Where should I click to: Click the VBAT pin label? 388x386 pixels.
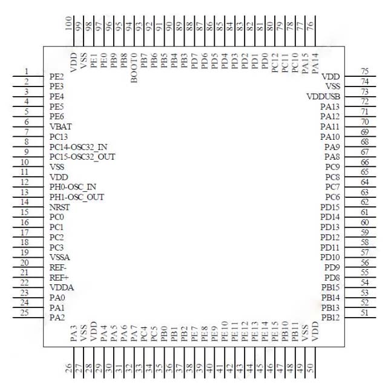tap(61, 126)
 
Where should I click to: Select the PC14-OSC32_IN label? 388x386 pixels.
tap(79, 147)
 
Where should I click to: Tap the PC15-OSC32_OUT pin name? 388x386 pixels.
tap(82, 157)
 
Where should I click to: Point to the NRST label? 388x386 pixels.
tap(60, 208)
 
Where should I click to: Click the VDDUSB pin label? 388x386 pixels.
tap(323, 96)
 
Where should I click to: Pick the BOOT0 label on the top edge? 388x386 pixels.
tap(134, 68)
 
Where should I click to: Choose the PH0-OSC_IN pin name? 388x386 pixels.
tap(73, 187)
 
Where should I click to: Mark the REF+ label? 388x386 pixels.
tap(59, 278)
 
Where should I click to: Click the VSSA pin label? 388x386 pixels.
tap(60, 257)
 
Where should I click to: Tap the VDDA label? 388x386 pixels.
tap(62, 288)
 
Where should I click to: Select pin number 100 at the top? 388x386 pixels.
tap(68, 23)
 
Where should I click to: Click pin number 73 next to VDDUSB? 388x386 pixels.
tap(365, 92)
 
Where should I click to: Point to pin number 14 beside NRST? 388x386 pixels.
tap(24, 202)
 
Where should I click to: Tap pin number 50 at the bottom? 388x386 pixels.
tap(311, 368)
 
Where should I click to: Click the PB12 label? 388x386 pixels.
tap(330, 318)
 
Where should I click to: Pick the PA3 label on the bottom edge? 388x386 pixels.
tap(74, 333)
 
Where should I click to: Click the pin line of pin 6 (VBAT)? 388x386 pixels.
tap(28, 127)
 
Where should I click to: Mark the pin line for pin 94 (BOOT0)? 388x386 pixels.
tap(134, 31)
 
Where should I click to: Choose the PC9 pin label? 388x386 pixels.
tap(332, 167)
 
